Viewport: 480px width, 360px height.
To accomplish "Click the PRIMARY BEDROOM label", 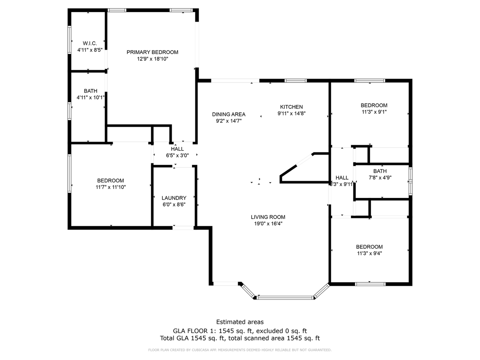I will (152, 52).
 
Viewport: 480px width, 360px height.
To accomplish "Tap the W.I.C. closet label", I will (90, 43).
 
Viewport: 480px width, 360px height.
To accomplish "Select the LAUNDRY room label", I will (174, 198).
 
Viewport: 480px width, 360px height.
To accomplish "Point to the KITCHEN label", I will (291, 107).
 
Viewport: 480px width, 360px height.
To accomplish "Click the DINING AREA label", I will (229, 114).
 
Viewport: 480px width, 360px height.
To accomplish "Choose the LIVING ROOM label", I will (268, 217).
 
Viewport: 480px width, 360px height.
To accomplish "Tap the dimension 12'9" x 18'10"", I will (152, 59).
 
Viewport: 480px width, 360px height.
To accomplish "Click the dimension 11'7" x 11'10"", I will (111, 187).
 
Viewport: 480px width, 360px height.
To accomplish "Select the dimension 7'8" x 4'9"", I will (380, 178).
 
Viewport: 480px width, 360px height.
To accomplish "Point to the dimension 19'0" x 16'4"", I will (268, 223).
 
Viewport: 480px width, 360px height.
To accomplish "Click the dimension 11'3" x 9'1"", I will (374, 112).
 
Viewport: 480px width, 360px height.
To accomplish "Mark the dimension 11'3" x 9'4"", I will (369, 253).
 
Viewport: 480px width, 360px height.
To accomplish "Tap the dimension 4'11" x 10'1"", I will (91, 97).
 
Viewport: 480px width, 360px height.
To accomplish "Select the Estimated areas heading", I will (240, 322).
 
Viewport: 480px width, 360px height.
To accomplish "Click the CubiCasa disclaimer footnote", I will (240, 350).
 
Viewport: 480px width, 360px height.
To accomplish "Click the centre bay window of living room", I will (285, 298).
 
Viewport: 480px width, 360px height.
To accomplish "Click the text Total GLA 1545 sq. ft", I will (192, 338).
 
